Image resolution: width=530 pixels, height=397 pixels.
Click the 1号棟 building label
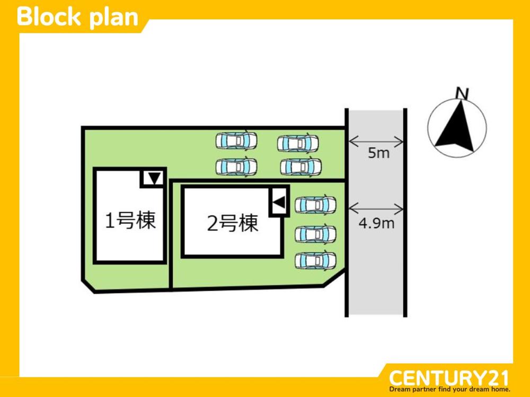pos(130,221)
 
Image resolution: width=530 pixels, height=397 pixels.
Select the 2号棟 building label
pos(232,223)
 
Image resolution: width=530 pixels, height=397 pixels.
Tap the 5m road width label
pos(378,154)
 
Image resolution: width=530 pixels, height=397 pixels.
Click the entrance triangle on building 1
pos(153,178)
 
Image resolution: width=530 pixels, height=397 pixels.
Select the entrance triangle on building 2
pos(279,202)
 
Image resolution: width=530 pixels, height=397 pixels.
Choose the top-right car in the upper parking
pos(299,143)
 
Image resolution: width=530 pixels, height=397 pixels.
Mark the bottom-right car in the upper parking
pos(301,167)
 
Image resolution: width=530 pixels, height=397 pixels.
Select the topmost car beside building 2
pos(315,205)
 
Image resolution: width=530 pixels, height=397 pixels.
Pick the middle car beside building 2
pos(315,233)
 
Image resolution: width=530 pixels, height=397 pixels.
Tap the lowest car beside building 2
pos(315,260)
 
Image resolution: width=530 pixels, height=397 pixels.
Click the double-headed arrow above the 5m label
pos(376,141)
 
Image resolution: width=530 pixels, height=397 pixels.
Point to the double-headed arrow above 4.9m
pos(376,207)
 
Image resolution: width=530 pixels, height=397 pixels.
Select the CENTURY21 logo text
pos(448,378)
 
